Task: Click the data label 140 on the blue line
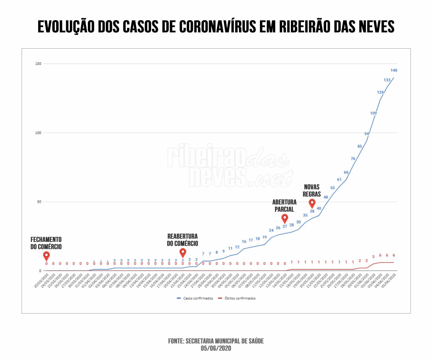point(394,70)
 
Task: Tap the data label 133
point(387,80)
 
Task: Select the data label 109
point(373,113)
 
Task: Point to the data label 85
point(360,146)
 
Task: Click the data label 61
point(339,179)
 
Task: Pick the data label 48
point(326,197)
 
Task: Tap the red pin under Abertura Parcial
point(285,218)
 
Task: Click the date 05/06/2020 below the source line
point(216,348)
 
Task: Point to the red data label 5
point(373,257)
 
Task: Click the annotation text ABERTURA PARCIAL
point(284,206)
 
